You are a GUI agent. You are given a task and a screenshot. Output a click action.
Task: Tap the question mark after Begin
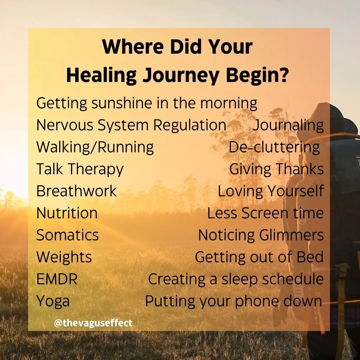click(x=283, y=75)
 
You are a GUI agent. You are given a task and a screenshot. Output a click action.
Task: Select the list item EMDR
click(x=57, y=279)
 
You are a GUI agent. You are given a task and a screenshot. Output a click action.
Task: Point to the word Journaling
click(x=288, y=125)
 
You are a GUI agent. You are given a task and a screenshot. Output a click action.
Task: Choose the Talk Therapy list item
click(x=80, y=169)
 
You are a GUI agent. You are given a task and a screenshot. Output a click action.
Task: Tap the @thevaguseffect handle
click(x=93, y=323)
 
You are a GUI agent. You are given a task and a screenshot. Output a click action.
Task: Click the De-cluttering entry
click(x=274, y=147)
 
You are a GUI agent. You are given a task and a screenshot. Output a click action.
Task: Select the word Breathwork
click(x=76, y=191)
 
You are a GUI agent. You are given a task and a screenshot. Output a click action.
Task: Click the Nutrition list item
click(x=67, y=213)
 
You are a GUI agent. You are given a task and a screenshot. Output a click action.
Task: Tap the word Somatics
click(x=67, y=235)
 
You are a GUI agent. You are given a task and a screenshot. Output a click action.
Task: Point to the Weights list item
click(x=64, y=257)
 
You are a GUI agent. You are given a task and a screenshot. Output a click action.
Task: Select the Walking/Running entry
click(x=95, y=147)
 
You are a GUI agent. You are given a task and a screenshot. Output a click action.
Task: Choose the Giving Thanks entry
click(x=276, y=169)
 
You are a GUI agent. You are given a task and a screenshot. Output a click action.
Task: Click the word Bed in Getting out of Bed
click(x=311, y=257)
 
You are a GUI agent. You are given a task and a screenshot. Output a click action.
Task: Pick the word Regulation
click(x=190, y=125)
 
